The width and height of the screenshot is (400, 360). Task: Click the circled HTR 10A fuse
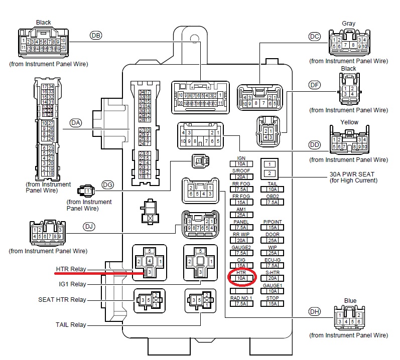click(x=241, y=277)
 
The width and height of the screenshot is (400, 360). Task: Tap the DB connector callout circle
click(x=95, y=35)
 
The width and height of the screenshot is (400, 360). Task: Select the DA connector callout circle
click(x=76, y=122)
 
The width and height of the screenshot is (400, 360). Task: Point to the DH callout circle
click(x=315, y=311)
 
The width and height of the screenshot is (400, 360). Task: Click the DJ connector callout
click(x=89, y=227)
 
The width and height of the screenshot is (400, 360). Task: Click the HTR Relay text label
click(x=71, y=269)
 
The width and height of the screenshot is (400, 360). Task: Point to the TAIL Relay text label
click(x=70, y=325)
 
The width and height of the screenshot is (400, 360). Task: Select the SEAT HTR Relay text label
click(x=62, y=300)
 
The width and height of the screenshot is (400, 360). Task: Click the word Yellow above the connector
click(x=349, y=122)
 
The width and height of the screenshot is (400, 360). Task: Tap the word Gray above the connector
click(x=348, y=24)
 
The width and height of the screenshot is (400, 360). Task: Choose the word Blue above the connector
click(x=350, y=301)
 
